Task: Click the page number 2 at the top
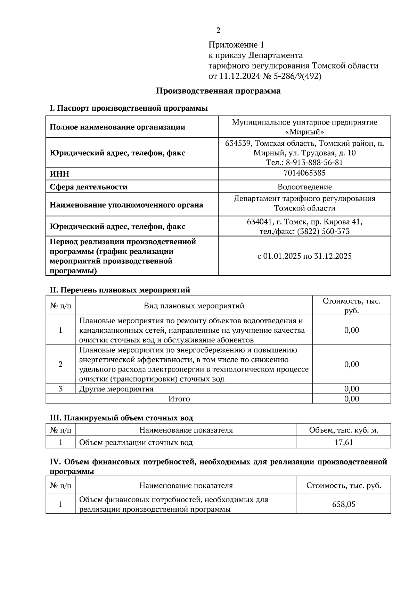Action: [218, 31]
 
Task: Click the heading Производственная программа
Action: [218, 91]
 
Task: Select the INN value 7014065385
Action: [304, 173]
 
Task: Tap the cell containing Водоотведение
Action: [304, 187]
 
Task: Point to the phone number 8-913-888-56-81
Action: [314, 162]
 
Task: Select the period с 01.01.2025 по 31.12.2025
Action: [304, 256]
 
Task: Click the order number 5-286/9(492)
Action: [298, 76]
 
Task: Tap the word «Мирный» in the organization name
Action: [304, 132]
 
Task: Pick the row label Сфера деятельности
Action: [89, 187]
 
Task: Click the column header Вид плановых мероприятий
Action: [194, 306]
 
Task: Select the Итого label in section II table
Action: [179, 399]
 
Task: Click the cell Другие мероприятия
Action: [116, 389]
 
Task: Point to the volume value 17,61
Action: [343, 442]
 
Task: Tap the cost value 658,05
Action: [343, 504]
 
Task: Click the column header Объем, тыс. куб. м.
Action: [343, 430]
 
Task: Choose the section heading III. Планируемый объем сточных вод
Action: [121, 418]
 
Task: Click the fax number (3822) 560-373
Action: [323, 231]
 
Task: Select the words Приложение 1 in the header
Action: [236, 45]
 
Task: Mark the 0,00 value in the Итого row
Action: [351, 399]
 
